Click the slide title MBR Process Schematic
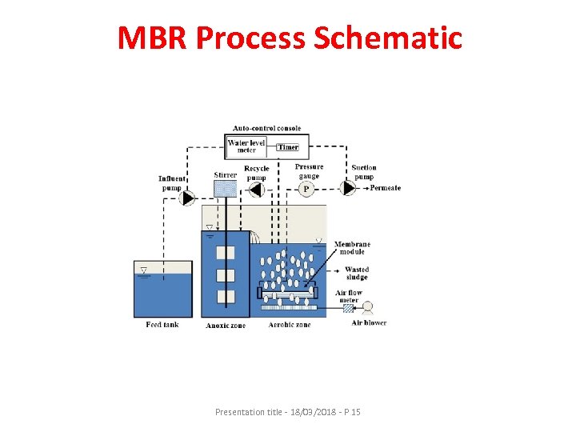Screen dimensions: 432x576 (290, 38)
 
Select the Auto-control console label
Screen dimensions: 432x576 (266, 128)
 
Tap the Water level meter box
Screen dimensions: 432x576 (246, 146)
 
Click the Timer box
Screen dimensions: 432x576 (287, 147)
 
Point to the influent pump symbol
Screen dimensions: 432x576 (188, 197)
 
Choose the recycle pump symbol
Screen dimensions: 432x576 (256, 190)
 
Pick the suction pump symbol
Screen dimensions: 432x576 (349, 189)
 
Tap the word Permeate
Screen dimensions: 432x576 (386, 189)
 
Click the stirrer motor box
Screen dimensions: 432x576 (226, 189)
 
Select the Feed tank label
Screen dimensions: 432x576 (162, 325)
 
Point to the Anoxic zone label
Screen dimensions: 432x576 (225, 326)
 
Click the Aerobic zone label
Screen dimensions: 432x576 (290, 325)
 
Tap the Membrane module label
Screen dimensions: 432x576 (352, 248)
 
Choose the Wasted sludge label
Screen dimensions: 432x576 (356, 274)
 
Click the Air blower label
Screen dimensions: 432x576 (369, 323)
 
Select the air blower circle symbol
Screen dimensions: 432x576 (369, 308)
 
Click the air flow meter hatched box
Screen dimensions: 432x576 (348, 308)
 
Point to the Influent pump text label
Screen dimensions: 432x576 (172, 183)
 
